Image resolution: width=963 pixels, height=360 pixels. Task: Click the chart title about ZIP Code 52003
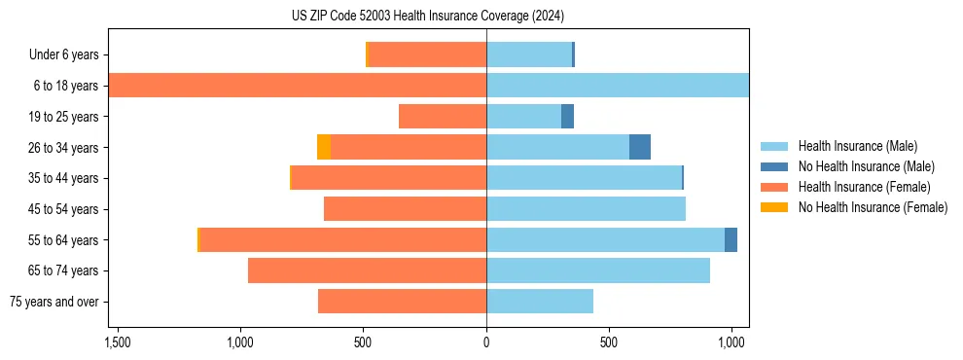(427, 17)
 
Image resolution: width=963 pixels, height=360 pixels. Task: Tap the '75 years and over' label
(54, 302)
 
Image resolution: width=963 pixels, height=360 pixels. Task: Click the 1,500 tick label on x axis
(117, 342)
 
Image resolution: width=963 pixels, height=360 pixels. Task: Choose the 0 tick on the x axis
(486, 342)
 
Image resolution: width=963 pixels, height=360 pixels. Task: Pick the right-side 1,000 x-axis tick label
(731, 342)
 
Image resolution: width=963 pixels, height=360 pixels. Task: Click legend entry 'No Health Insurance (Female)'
(873, 207)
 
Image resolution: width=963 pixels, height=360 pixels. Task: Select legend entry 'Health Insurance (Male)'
(858, 146)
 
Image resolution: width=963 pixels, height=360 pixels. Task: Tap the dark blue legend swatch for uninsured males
(774, 166)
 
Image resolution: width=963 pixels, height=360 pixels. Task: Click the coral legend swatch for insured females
(774, 187)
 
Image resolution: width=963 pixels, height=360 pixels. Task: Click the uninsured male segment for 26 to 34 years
(640, 147)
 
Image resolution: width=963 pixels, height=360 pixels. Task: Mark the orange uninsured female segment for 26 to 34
(324, 147)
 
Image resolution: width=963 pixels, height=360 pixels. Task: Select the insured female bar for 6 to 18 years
(297, 86)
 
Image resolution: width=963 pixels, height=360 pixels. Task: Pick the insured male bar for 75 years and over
(540, 302)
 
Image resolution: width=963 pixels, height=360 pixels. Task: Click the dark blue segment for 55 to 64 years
(731, 239)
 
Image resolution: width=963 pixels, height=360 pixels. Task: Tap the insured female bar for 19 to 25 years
(443, 117)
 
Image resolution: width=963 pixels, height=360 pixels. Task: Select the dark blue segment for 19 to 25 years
(567, 117)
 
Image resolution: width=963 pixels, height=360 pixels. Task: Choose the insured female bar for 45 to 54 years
(405, 209)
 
